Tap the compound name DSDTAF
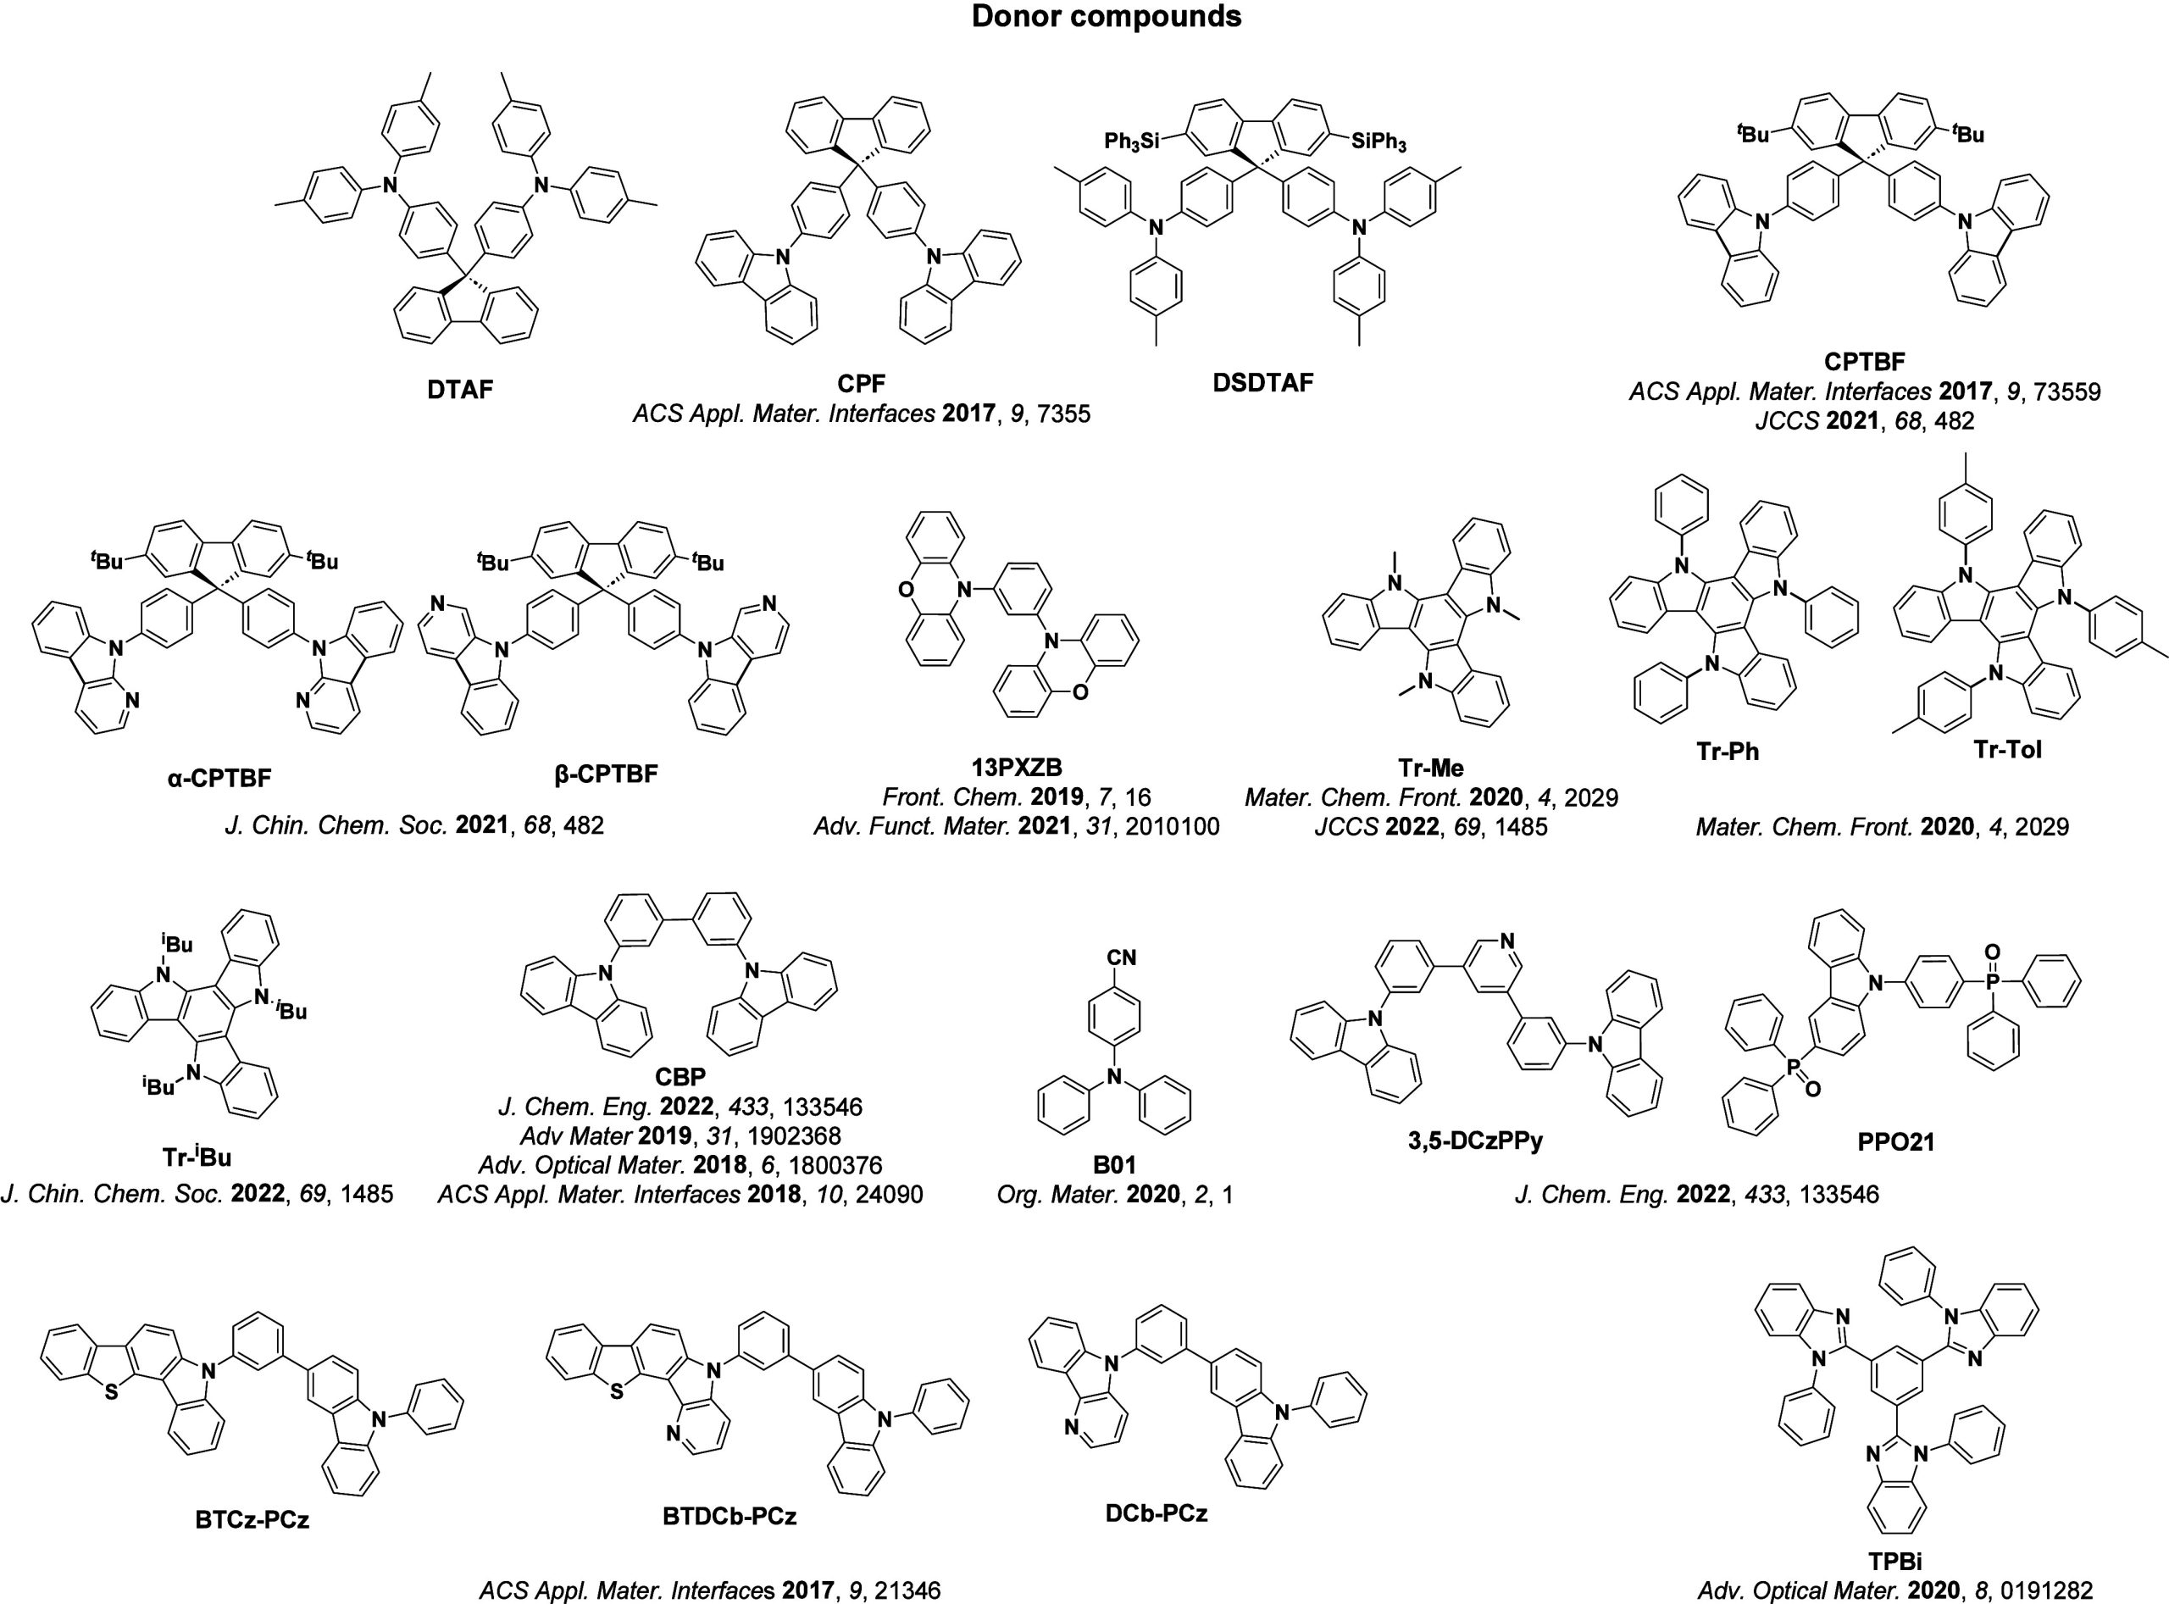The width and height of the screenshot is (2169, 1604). tap(1262, 381)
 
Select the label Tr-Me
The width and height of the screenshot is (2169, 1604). tap(1431, 768)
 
